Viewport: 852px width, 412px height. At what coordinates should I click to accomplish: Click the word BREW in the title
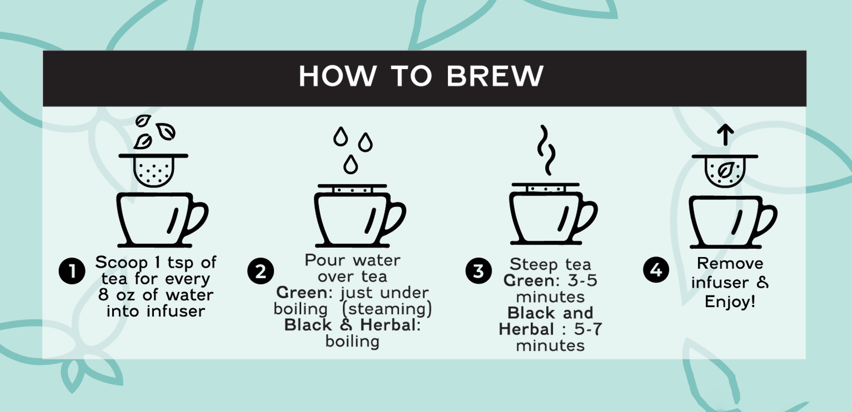pos(495,76)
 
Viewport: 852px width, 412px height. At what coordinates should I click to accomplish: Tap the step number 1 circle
pos(72,271)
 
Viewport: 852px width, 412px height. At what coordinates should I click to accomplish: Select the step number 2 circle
pos(260,271)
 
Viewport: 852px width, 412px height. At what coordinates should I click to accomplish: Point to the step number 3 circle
pos(478,271)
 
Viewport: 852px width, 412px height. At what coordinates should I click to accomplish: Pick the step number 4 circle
pos(656,270)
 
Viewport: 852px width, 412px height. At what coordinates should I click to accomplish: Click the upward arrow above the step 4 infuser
pos(725,134)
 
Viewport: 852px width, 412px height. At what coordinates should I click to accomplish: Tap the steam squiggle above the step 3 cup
pos(547,150)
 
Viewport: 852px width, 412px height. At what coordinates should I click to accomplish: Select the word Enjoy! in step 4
pos(730,302)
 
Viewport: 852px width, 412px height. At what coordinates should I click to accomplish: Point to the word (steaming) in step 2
pos(387,309)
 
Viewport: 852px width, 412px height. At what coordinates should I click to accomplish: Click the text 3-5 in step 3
pos(583,280)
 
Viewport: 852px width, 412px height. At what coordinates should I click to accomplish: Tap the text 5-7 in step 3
pos(588,329)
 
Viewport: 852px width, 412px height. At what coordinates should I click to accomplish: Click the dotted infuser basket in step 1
pos(153,173)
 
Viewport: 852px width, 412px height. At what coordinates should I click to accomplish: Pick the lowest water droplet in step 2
pos(350,164)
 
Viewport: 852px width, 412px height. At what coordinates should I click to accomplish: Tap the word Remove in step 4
pos(730,263)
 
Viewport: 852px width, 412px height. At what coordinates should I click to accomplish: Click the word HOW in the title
pos(338,76)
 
